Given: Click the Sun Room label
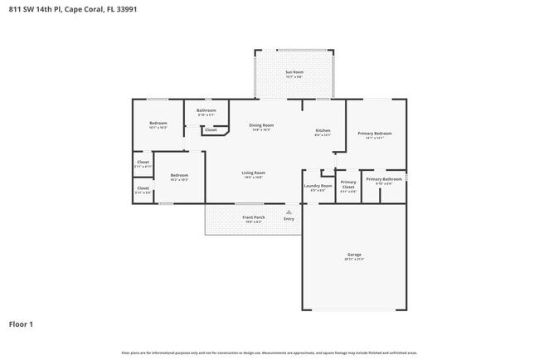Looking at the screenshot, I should (294, 72).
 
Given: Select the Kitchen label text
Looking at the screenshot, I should (323, 130).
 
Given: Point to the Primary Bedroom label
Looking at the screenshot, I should (375, 134).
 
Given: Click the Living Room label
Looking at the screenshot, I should (253, 173).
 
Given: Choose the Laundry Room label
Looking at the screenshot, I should (318, 186).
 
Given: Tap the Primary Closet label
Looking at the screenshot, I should (348, 184).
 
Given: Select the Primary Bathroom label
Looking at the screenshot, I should (384, 179).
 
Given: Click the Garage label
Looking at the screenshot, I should (354, 254).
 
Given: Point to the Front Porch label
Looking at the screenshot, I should (253, 217).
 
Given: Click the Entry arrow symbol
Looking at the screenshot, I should (289, 212).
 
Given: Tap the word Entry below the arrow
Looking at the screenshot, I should (289, 219).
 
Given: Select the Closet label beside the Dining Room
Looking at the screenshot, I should (211, 129).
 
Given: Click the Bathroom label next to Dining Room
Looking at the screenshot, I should (206, 110).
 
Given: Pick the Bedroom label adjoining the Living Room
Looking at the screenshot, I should (179, 175).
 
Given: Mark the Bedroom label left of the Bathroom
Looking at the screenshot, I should (158, 123).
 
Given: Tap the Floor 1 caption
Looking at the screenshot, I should (21, 324).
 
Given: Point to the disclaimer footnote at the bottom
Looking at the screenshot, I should (269, 352).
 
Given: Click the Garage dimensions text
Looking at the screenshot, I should (354, 260).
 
